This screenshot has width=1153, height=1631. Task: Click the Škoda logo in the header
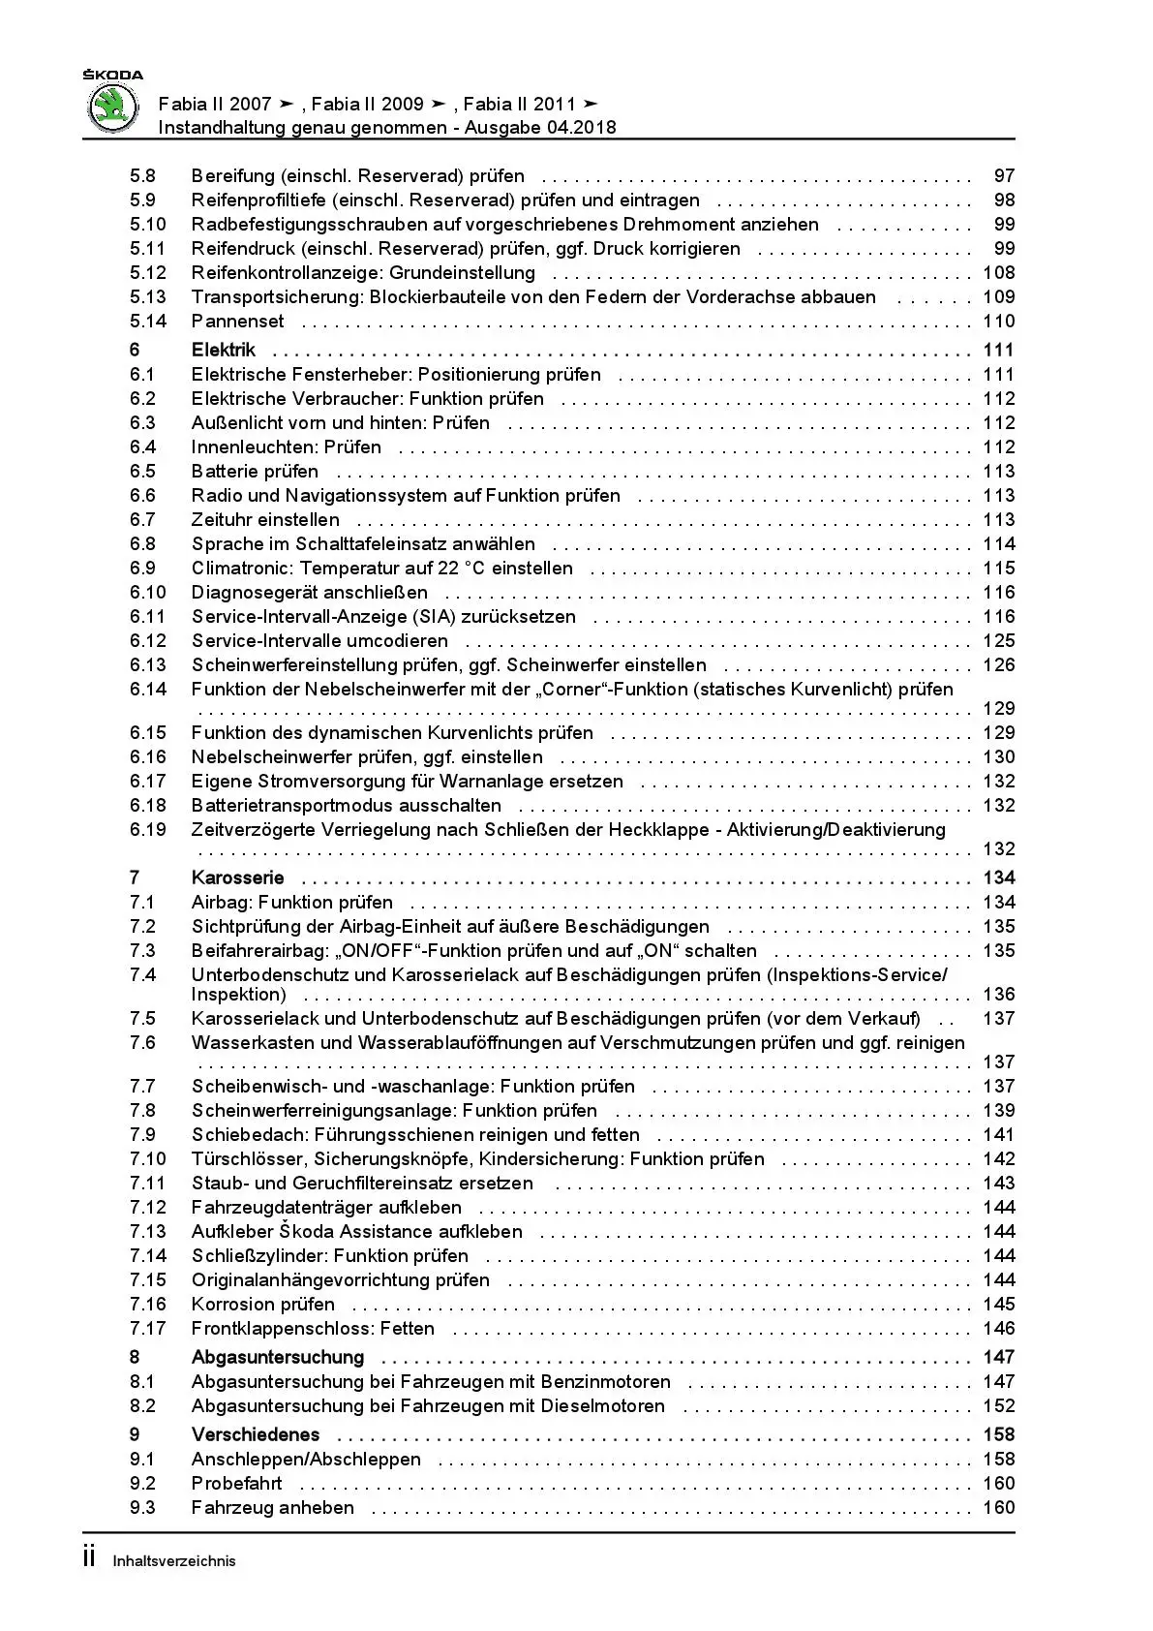tap(113, 105)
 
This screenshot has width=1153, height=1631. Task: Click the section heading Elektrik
tap(224, 350)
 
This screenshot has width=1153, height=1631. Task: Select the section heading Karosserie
tap(238, 877)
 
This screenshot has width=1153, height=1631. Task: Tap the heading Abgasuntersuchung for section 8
tap(278, 1357)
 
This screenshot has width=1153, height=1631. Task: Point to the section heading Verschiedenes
tap(256, 1434)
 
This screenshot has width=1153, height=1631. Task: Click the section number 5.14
tap(148, 321)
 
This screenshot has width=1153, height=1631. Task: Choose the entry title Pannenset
tap(238, 321)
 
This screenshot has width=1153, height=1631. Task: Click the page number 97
tap(1004, 175)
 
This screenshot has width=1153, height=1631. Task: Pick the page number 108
tap(998, 272)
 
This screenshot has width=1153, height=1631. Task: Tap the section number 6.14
tap(148, 689)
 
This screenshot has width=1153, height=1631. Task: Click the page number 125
tap(998, 640)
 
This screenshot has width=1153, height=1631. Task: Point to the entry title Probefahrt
tap(237, 1483)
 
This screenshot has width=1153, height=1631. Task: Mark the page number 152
tap(998, 1405)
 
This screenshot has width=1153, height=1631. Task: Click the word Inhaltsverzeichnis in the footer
tap(174, 1561)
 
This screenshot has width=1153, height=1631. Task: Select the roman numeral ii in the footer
tap(89, 1557)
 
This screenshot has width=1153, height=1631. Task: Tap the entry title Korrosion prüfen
tap(263, 1304)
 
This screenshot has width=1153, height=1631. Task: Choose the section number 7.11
tap(148, 1183)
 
